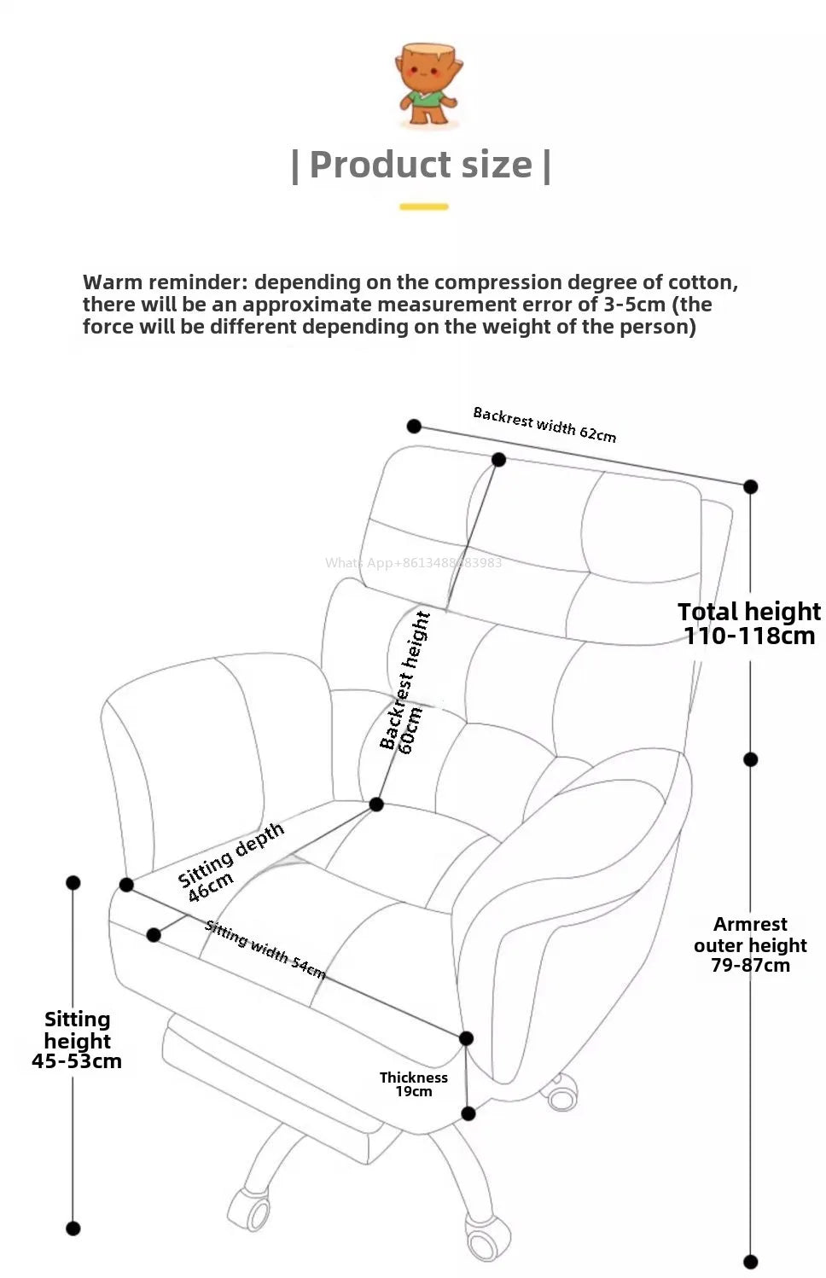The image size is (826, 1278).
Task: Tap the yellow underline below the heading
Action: pyautogui.click(x=424, y=206)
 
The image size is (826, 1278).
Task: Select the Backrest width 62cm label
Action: pyautogui.click(x=544, y=424)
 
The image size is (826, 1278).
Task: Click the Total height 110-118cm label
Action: pyautogui.click(x=748, y=624)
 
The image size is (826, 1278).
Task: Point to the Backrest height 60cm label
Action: pyautogui.click(x=406, y=683)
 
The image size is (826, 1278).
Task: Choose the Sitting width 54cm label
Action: pyautogui.click(x=265, y=950)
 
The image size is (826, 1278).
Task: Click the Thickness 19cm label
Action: pyautogui.click(x=414, y=1084)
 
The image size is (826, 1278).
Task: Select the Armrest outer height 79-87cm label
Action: pyautogui.click(x=750, y=944)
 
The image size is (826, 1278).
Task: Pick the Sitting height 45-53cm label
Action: pyautogui.click(x=77, y=1040)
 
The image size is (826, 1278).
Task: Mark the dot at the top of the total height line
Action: pyautogui.click(x=750, y=486)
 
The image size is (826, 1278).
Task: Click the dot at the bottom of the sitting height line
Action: pyautogui.click(x=73, y=1229)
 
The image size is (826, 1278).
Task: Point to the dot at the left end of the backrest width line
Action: pyautogui.click(x=414, y=426)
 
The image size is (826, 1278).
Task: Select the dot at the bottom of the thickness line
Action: pyautogui.click(x=468, y=1113)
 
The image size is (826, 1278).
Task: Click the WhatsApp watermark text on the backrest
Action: pyautogui.click(x=413, y=563)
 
